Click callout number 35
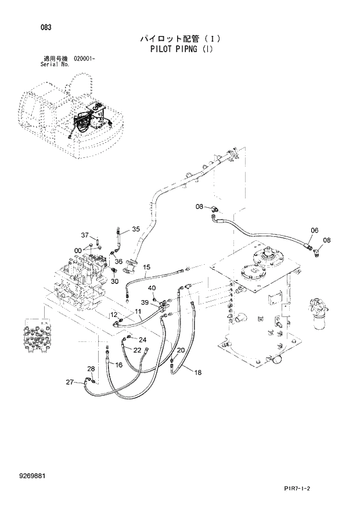[136, 229]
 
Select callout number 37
[85, 235]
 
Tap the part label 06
[314, 230]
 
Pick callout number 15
[147, 267]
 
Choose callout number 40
[152, 288]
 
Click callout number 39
[145, 302]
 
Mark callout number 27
[70, 381]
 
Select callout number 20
[181, 350]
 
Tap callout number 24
[142, 340]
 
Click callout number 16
[118, 365]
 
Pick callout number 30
[114, 282]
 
